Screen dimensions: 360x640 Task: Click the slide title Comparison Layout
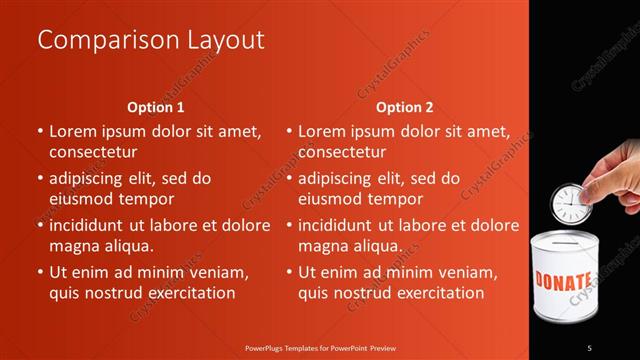(x=151, y=40)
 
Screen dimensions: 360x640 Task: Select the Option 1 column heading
(x=156, y=107)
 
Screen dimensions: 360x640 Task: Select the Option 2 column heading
(x=405, y=107)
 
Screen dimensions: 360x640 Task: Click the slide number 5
(x=589, y=347)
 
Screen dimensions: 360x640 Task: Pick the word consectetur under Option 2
(x=342, y=152)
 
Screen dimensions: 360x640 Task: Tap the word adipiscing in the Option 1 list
(x=91, y=178)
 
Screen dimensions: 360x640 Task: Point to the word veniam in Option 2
(x=466, y=272)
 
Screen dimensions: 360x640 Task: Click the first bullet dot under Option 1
(x=40, y=131)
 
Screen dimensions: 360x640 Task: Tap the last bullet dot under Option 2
(x=289, y=272)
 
